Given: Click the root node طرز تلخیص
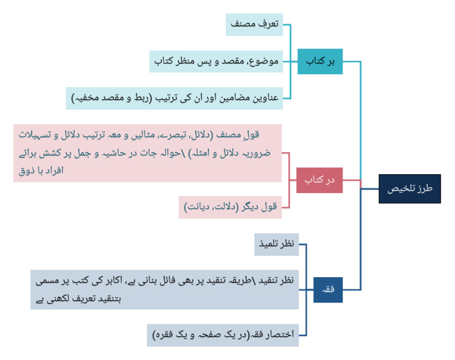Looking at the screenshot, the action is coord(409,189).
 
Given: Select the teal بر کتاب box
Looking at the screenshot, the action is coord(320,61).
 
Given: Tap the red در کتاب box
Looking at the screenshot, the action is coord(319,180).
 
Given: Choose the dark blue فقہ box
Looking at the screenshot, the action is coord(328,290).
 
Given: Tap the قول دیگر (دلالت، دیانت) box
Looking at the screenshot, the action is coord(230,207).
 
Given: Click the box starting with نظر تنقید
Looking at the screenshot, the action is coord(165,290).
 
